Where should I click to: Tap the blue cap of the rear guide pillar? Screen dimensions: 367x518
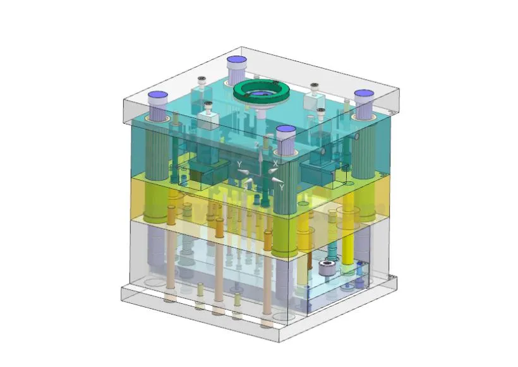click(236, 61)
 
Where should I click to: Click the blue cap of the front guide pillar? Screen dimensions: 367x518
click(286, 131)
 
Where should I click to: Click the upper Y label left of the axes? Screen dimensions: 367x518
click(239, 164)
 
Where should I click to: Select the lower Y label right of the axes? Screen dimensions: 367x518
click(281, 187)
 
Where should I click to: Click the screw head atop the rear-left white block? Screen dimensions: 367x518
click(202, 80)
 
